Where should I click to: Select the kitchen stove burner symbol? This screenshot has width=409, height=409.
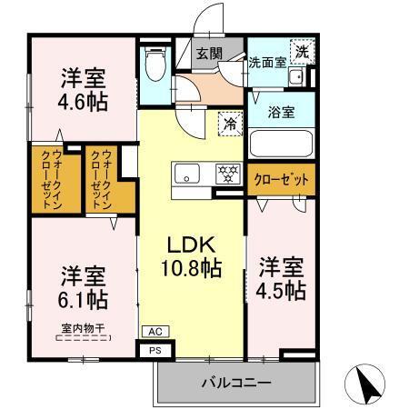click(225, 171)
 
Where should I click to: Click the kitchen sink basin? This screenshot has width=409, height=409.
click(187, 172)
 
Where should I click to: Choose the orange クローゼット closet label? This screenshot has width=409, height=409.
click(281, 180)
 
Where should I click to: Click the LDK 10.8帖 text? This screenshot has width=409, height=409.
click(191, 255)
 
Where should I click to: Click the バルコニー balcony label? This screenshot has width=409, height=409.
click(235, 383)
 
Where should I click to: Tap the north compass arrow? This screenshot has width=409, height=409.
click(371, 383)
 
